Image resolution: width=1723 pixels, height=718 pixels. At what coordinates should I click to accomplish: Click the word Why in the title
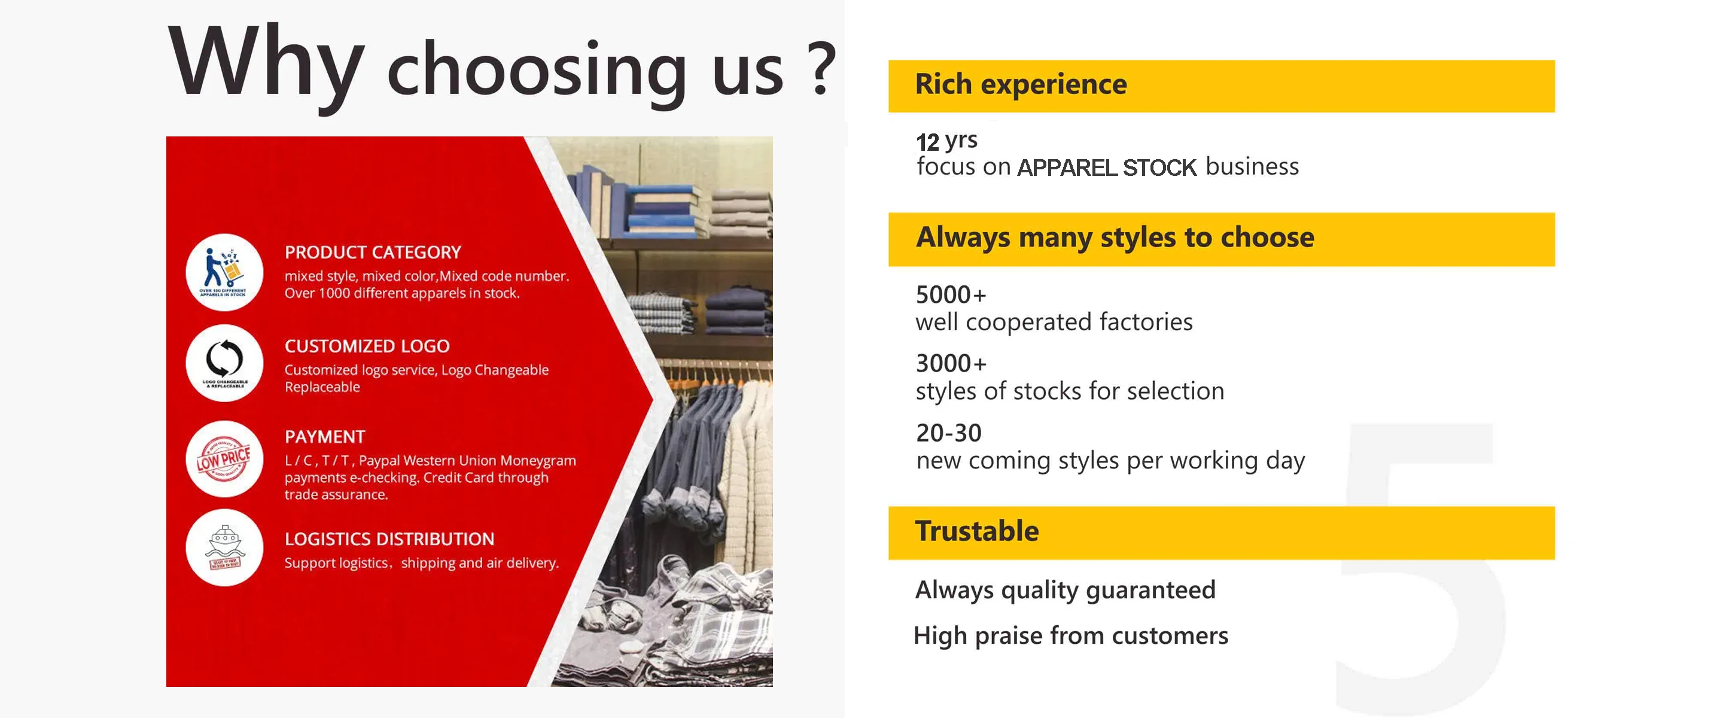click(266, 63)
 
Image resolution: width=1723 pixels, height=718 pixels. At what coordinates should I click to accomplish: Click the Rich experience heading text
click(1020, 85)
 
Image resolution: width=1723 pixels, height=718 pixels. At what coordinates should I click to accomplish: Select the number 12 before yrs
click(927, 142)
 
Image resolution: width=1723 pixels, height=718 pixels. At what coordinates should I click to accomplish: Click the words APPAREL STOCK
click(1106, 168)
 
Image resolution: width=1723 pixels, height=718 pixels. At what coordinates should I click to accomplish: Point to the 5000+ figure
click(951, 295)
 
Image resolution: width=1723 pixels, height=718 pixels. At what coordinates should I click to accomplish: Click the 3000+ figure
click(951, 364)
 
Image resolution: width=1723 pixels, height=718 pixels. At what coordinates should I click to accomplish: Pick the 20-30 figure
click(948, 434)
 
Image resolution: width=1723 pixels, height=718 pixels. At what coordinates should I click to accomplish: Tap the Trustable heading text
click(976, 531)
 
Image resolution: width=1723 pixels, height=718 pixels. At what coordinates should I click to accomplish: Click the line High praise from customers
click(1070, 635)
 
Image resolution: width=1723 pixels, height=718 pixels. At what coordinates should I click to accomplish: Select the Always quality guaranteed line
click(1065, 590)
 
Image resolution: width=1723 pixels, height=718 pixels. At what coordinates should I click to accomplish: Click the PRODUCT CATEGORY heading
click(373, 252)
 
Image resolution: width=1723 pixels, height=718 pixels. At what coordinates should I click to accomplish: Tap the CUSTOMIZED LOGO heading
click(367, 346)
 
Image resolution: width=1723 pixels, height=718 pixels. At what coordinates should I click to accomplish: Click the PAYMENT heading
click(325, 437)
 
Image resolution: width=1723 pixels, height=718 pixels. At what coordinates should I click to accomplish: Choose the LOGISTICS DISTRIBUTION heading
click(389, 539)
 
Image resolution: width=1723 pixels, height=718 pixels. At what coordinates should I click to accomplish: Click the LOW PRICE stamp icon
click(224, 459)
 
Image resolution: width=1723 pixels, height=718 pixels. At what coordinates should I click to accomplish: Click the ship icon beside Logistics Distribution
click(224, 547)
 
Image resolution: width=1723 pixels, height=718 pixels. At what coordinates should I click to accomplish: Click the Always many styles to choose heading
click(1115, 238)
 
